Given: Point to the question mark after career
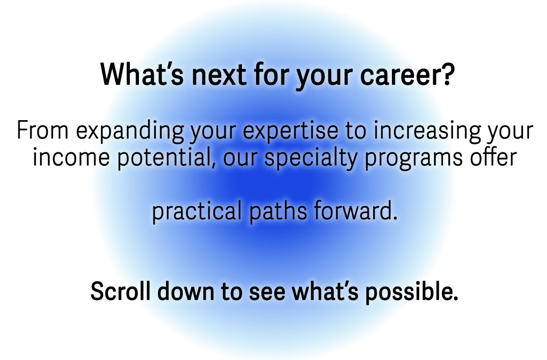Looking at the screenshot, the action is [449, 73].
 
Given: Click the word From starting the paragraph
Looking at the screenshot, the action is [42, 130].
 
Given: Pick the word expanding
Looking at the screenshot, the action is [130, 132].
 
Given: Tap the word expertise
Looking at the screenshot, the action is [290, 132].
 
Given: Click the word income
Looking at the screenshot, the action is [72, 157].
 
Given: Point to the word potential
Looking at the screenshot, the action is [167, 159].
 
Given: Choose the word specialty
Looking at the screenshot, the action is [311, 159].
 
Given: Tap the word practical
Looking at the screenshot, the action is [197, 212].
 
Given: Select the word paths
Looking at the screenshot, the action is [278, 212].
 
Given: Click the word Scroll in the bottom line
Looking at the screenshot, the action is [120, 291].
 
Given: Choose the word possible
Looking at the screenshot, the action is [412, 293].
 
